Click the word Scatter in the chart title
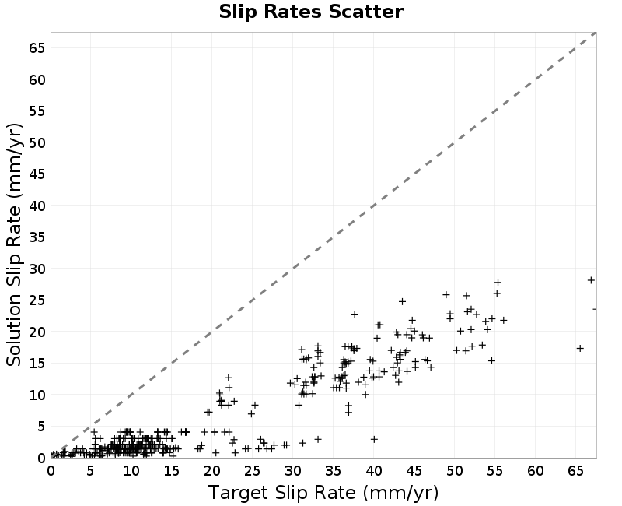click(x=365, y=12)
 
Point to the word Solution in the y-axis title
click(x=14, y=329)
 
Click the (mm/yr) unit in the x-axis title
click(x=400, y=493)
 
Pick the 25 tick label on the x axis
click(x=252, y=471)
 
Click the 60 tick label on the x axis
click(x=535, y=471)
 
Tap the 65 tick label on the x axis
click(x=575, y=471)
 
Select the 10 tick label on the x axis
click(x=131, y=471)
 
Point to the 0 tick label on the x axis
click(x=51, y=471)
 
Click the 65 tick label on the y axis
click(x=37, y=48)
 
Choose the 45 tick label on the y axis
click(x=37, y=174)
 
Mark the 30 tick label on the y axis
click(x=37, y=269)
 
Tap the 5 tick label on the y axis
click(x=41, y=426)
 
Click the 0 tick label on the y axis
click(x=41, y=458)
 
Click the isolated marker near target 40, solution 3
click(x=374, y=439)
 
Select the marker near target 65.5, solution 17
click(x=580, y=348)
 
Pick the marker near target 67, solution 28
click(x=591, y=280)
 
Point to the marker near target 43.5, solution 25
click(x=402, y=301)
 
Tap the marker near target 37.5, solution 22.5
click(x=355, y=314)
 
